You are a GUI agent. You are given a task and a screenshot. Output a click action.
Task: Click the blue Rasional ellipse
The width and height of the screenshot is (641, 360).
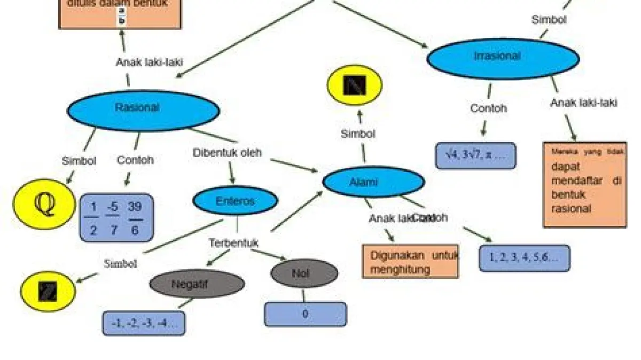coord(143,109)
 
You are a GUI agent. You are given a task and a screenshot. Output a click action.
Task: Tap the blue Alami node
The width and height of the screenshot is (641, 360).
coord(373,182)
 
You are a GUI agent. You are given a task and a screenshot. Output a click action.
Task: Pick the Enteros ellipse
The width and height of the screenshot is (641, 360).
coord(235,201)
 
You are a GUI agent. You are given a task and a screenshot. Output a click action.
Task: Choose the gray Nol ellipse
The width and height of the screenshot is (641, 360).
coord(304,273)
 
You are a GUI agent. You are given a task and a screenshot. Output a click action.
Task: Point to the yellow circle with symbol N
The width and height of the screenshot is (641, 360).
coord(355,85)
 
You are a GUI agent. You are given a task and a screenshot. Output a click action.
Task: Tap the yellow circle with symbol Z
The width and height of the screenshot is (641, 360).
coord(48,292)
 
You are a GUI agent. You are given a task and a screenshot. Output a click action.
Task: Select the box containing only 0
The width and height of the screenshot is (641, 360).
coord(305,314)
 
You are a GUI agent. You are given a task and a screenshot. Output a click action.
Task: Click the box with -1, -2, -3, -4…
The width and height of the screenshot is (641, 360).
coord(144,323)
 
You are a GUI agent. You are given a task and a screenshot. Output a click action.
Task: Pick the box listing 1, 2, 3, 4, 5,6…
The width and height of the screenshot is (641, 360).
coord(524,258)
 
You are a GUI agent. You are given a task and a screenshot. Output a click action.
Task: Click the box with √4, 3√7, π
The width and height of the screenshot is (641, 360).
coord(475,155)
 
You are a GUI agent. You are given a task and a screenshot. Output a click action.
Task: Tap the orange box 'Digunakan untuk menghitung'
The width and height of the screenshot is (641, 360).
coord(410,262)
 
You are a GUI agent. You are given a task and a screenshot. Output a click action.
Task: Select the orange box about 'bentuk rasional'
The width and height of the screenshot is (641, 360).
coord(585,185)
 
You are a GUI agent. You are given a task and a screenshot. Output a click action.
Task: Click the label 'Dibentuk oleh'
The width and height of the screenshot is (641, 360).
coord(228,153)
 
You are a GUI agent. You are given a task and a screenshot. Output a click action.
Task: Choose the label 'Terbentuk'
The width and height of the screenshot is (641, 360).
coord(233,243)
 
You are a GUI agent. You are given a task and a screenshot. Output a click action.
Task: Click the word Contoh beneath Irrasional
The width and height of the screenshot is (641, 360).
coord(488,108)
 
